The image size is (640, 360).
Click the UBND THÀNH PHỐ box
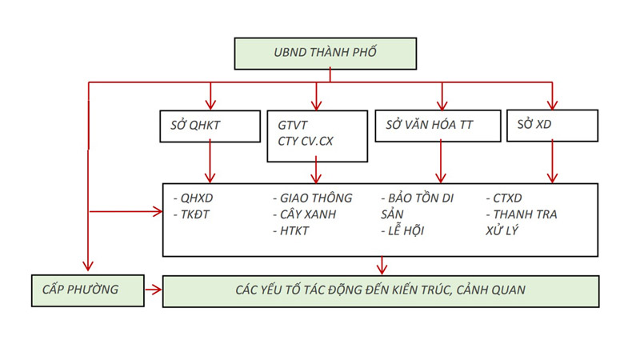(325, 53)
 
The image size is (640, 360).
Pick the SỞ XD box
(552, 125)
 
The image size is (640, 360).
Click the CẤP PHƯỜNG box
(86, 290)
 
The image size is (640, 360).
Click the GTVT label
(294, 125)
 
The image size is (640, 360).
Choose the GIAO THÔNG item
(310, 198)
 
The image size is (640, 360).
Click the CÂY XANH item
(307, 214)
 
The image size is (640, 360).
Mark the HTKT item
(295, 231)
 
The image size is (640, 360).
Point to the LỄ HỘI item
(406, 231)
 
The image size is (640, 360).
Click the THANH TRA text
(524, 214)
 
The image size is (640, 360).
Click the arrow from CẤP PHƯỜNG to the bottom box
(152, 290)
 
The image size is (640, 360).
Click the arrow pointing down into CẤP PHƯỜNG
(88, 256)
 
